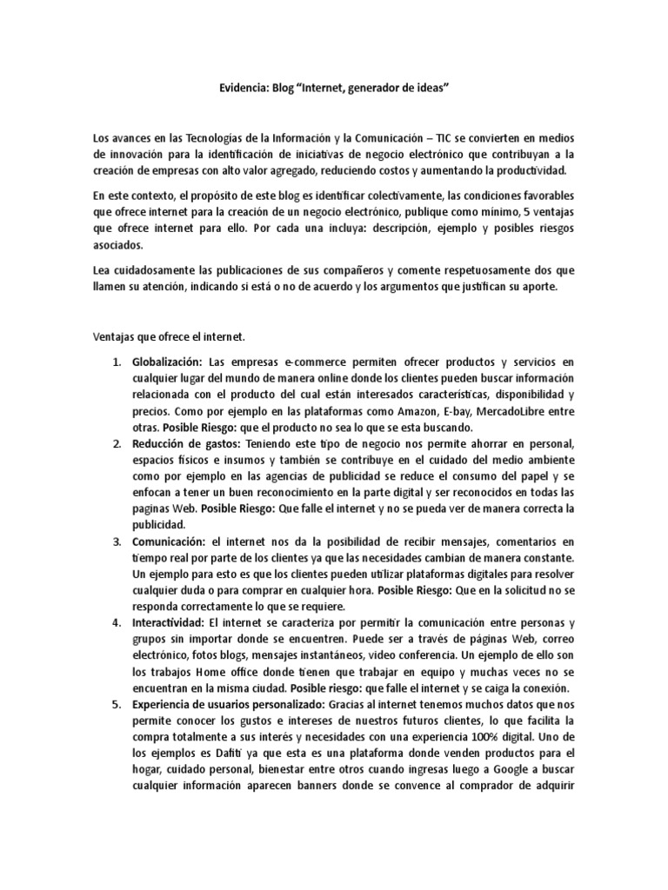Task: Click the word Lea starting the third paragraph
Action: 102,270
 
